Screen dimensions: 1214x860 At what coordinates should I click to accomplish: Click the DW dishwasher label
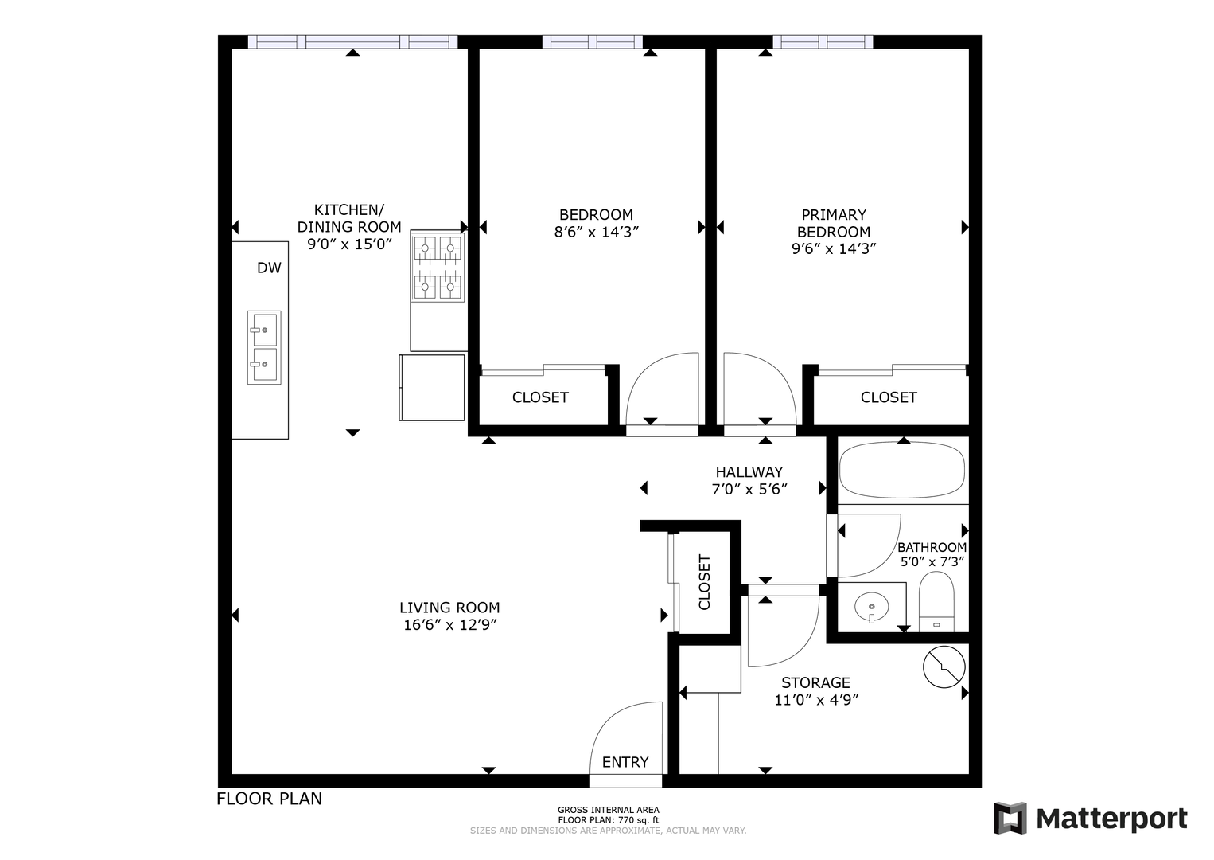click(x=269, y=268)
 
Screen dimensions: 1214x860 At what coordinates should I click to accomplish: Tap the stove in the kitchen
click(x=438, y=266)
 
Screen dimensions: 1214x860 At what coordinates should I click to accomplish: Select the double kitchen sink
click(x=264, y=347)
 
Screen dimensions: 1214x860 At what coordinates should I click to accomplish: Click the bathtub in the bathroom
click(x=902, y=470)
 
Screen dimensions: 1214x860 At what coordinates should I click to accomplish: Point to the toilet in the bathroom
click(x=936, y=601)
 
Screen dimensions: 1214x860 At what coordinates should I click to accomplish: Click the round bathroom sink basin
click(x=871, y=607)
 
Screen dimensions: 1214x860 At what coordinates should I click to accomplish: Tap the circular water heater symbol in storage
click(x=944, y=666)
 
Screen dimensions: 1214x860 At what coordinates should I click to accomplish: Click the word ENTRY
click(x=625, y=762)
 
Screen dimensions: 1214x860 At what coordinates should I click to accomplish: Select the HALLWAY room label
click(x=749, y=472)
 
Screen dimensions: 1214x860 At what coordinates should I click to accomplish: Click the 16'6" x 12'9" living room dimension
click(x=449, y=625)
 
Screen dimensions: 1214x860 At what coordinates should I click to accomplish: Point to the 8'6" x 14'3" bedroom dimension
click(x=596, y=233)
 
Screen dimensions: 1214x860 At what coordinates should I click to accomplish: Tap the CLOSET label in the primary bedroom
click(x=889, y=397)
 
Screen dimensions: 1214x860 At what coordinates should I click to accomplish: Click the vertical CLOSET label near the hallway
click(x=704, y=582)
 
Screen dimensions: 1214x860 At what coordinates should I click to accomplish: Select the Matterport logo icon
click(x=1010, y=819)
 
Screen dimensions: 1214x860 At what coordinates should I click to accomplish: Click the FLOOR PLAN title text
click(x=269, y=799)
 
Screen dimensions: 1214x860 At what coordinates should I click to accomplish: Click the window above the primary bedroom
click(x=822, y=41)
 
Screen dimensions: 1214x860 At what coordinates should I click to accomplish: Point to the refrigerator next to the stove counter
click(x=431, y=388)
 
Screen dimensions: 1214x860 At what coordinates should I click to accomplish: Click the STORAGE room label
click(x=815, y=682)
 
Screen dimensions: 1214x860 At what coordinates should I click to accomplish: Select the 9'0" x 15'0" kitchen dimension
click(x=349, y=244)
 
